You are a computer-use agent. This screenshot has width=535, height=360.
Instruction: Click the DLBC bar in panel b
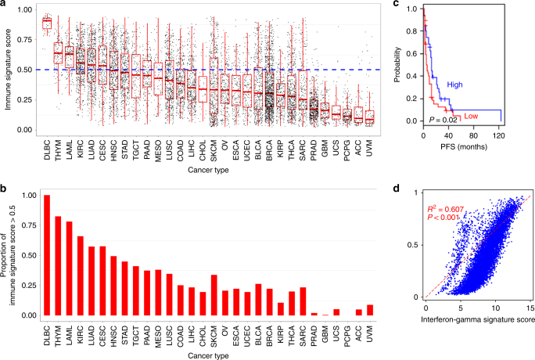point(46,255)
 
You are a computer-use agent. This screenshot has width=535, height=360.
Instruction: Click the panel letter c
point(398,6)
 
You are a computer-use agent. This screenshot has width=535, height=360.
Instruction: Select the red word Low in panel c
point(471,116)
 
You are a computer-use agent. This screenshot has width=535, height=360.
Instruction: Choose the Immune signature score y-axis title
point(9,68)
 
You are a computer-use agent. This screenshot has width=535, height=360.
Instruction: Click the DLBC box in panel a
point(46,22)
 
